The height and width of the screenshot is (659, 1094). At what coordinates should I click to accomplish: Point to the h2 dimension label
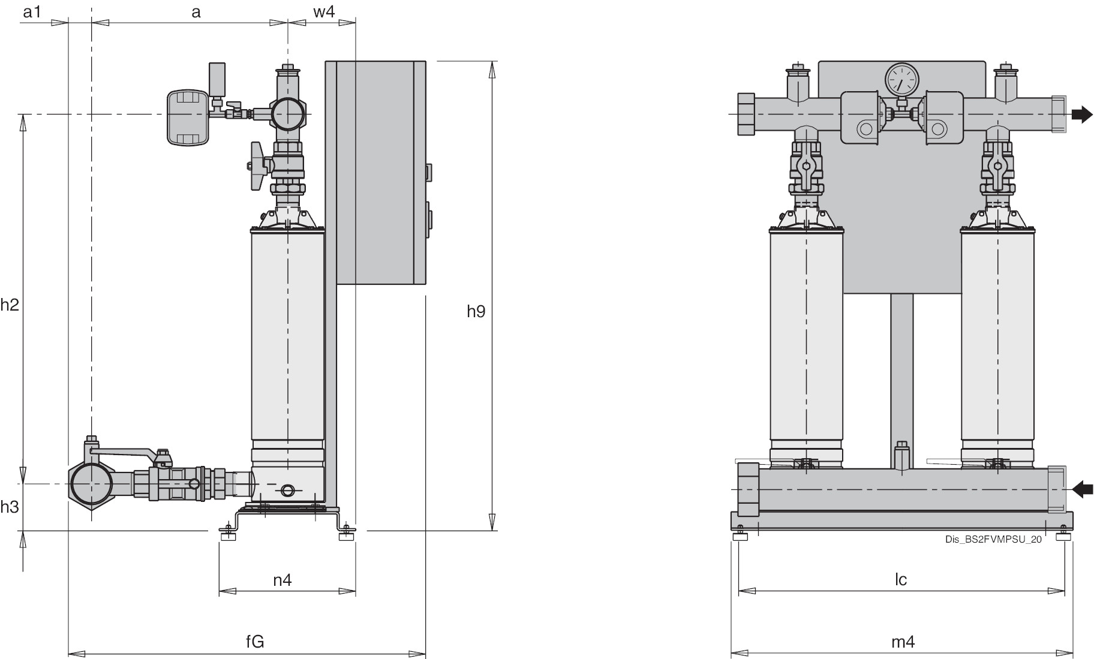(10, 305)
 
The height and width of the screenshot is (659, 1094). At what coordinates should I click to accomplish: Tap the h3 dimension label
(10, 507)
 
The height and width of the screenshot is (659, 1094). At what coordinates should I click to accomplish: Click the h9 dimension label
(476, 311)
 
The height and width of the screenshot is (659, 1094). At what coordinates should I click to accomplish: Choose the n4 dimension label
(282, 580)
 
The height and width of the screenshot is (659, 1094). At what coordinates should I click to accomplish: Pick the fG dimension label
(255, 642)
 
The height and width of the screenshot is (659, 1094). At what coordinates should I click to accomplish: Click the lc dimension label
(901, 579)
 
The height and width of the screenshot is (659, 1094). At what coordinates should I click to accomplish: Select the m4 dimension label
(903, 642)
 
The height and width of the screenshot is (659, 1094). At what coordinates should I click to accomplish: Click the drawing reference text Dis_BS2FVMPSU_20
(993, 539)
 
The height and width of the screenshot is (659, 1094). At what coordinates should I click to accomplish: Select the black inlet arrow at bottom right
(1083, 490)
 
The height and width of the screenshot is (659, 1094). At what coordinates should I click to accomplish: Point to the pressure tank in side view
(188, 118)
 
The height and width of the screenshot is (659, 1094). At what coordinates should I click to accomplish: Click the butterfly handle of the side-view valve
(257, 166)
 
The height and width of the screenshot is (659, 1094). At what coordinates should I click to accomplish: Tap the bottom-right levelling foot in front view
(1063, 533)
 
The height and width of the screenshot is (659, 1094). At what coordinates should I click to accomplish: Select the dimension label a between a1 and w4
(196, 11)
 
